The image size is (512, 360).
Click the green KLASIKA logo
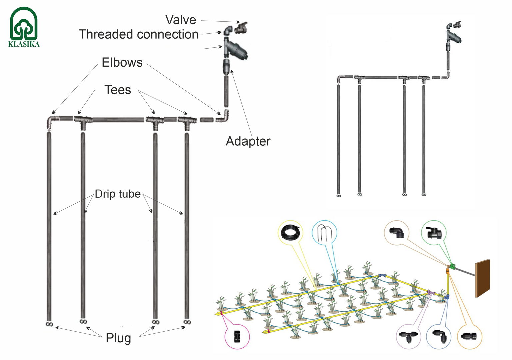tap(24, 27)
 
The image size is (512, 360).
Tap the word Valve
tap(181, 20)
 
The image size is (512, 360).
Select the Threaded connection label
tap(138, 34)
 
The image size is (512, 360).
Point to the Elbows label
tap(122, 62)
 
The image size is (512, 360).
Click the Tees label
tap(118, 90)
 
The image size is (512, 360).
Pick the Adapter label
tap(248, 141)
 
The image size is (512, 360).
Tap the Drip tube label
tap(118, 194)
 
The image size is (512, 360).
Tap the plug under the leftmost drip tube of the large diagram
tap(49, 324)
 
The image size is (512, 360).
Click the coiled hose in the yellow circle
tap(291, 232)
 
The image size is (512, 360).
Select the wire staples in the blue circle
tap(324, 232)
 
